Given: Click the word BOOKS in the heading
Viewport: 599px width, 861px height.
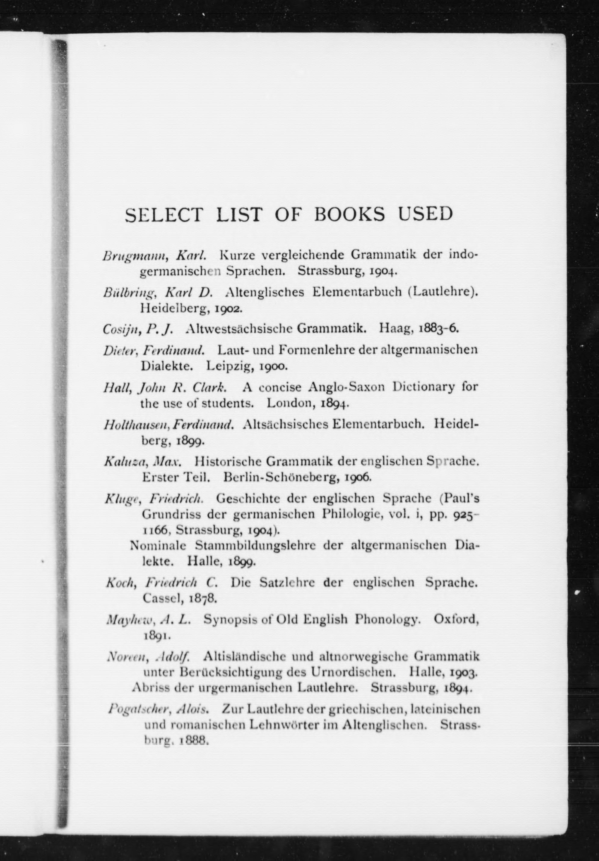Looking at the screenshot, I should (349, 215).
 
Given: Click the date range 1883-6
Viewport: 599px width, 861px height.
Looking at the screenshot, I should (438, 329).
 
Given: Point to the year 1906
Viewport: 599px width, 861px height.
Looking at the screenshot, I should (358, 477).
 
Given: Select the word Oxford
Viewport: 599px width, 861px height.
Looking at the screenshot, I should (456, 620).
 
